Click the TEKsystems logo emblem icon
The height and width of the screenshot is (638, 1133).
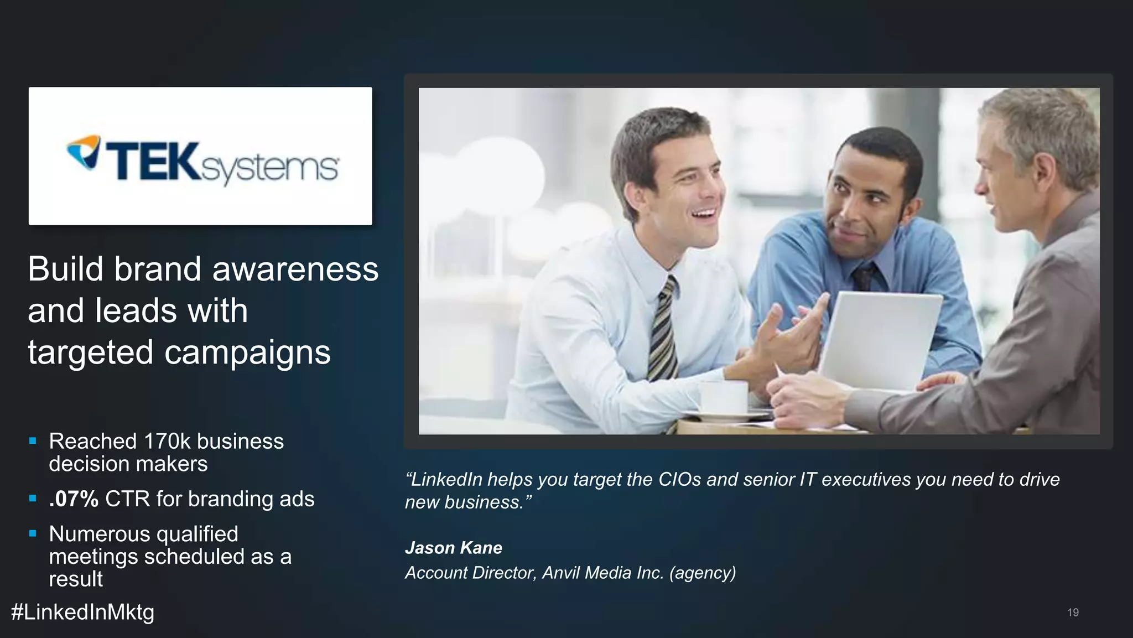tap(84, 152)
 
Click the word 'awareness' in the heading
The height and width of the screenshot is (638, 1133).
tap(295, 269)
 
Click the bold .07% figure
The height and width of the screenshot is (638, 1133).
tap(74, 499)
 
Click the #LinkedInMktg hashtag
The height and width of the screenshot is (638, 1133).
tap(82, 612)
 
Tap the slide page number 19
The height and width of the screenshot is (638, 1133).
tap(1073, 613)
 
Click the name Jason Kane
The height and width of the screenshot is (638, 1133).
tap(453, 548)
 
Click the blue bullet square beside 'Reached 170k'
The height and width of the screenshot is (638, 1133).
tap(33, 442)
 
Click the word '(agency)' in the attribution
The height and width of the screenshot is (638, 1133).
tap(703, 573)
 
